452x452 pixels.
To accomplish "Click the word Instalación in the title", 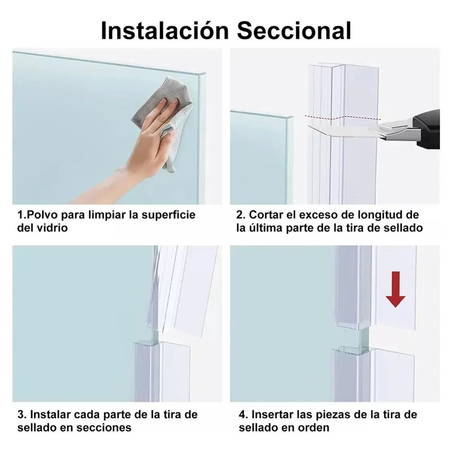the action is (165, 31).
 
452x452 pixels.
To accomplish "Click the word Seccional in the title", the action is (294, 31).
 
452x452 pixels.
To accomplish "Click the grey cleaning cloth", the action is (164, 122).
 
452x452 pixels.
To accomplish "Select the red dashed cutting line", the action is (342, 118).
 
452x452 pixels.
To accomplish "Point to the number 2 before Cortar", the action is (239, 215).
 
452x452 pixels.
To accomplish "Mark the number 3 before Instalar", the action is (21, 414).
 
